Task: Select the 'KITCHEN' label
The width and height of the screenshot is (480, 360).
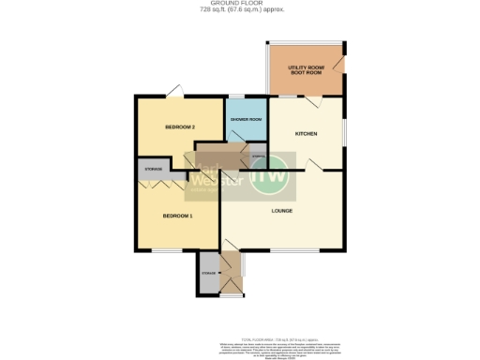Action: tap(306, 133)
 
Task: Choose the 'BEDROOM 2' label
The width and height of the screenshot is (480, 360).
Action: tap(179, 127)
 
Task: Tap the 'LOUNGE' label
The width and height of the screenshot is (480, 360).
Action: tap(282, 210)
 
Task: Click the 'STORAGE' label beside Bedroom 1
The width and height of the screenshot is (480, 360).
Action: tap(153, 169)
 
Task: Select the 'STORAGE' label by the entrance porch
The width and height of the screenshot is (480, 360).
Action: tap(208, 273)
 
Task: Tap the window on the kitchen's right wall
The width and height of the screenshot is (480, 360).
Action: tap(344, 131)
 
